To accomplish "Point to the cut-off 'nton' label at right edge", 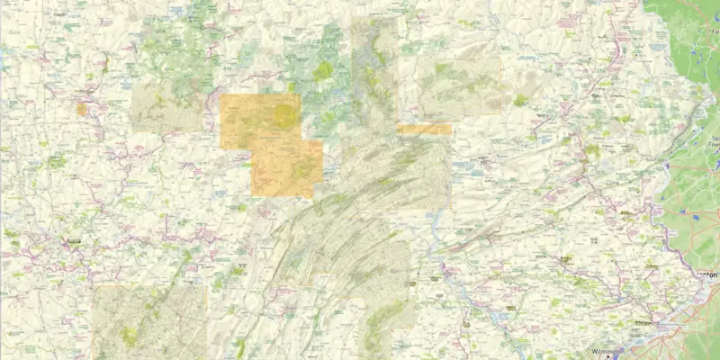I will click(x=710, y=272).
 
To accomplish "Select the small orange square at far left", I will click(x=81, y=109).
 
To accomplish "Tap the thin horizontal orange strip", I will click(x=424, y=130).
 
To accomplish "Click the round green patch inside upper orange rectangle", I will click(x=286, y=114).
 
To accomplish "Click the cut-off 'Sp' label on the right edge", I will click(x=714, y=139).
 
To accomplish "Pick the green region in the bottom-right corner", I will click(x=697, y=328).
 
